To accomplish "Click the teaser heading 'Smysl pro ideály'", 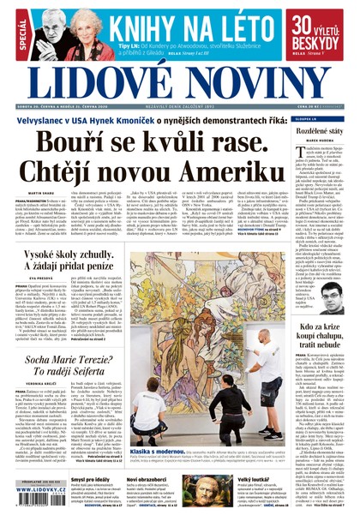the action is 88,479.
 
